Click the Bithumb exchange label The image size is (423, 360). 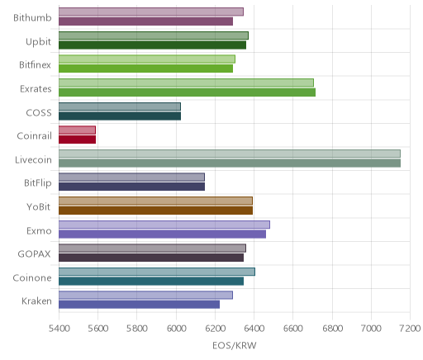pyautogui.click(x=32, y=17)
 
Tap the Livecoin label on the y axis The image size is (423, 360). pyautogui.click(x=33, y=159)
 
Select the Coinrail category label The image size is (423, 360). pyautogui.click(x=35, y=135)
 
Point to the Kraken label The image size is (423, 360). pyautogui.click(x=36, y=301)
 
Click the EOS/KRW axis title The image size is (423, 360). pyautogui.click(x=235, y=345)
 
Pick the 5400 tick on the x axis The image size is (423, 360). pyautogui.click(x=59, y=328)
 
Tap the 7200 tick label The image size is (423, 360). pyautogui.click(x=410, y=328)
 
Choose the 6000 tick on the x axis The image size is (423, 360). pyautogui.click(x=176, y=328)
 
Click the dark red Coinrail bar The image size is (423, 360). pyautogui.click(x=77, y=140)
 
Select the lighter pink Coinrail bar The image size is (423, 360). pyautogui.click(x=77, y=130)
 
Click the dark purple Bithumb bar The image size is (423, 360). pyautogui.click(x=145, y=21)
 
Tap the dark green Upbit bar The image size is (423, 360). pyautogui.click(x=152, y=45)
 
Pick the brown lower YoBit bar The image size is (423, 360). pyautogui.click(x=155, y=211)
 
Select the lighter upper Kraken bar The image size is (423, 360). pyautogui.click(x=145, y=295)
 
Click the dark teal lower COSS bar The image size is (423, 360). pyautogui.click(x=120, y=116)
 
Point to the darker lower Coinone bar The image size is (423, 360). pyautogui.click(x=151, y=282)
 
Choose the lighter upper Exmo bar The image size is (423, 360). pyautogui.click(x=164, y=225)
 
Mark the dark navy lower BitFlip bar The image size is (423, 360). pyautogui.click(x=131, y=187)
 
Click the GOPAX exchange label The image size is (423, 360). pyautogui.click(x=35, y=253)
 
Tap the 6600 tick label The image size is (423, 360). pyautogui.click(x=292, y=328)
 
